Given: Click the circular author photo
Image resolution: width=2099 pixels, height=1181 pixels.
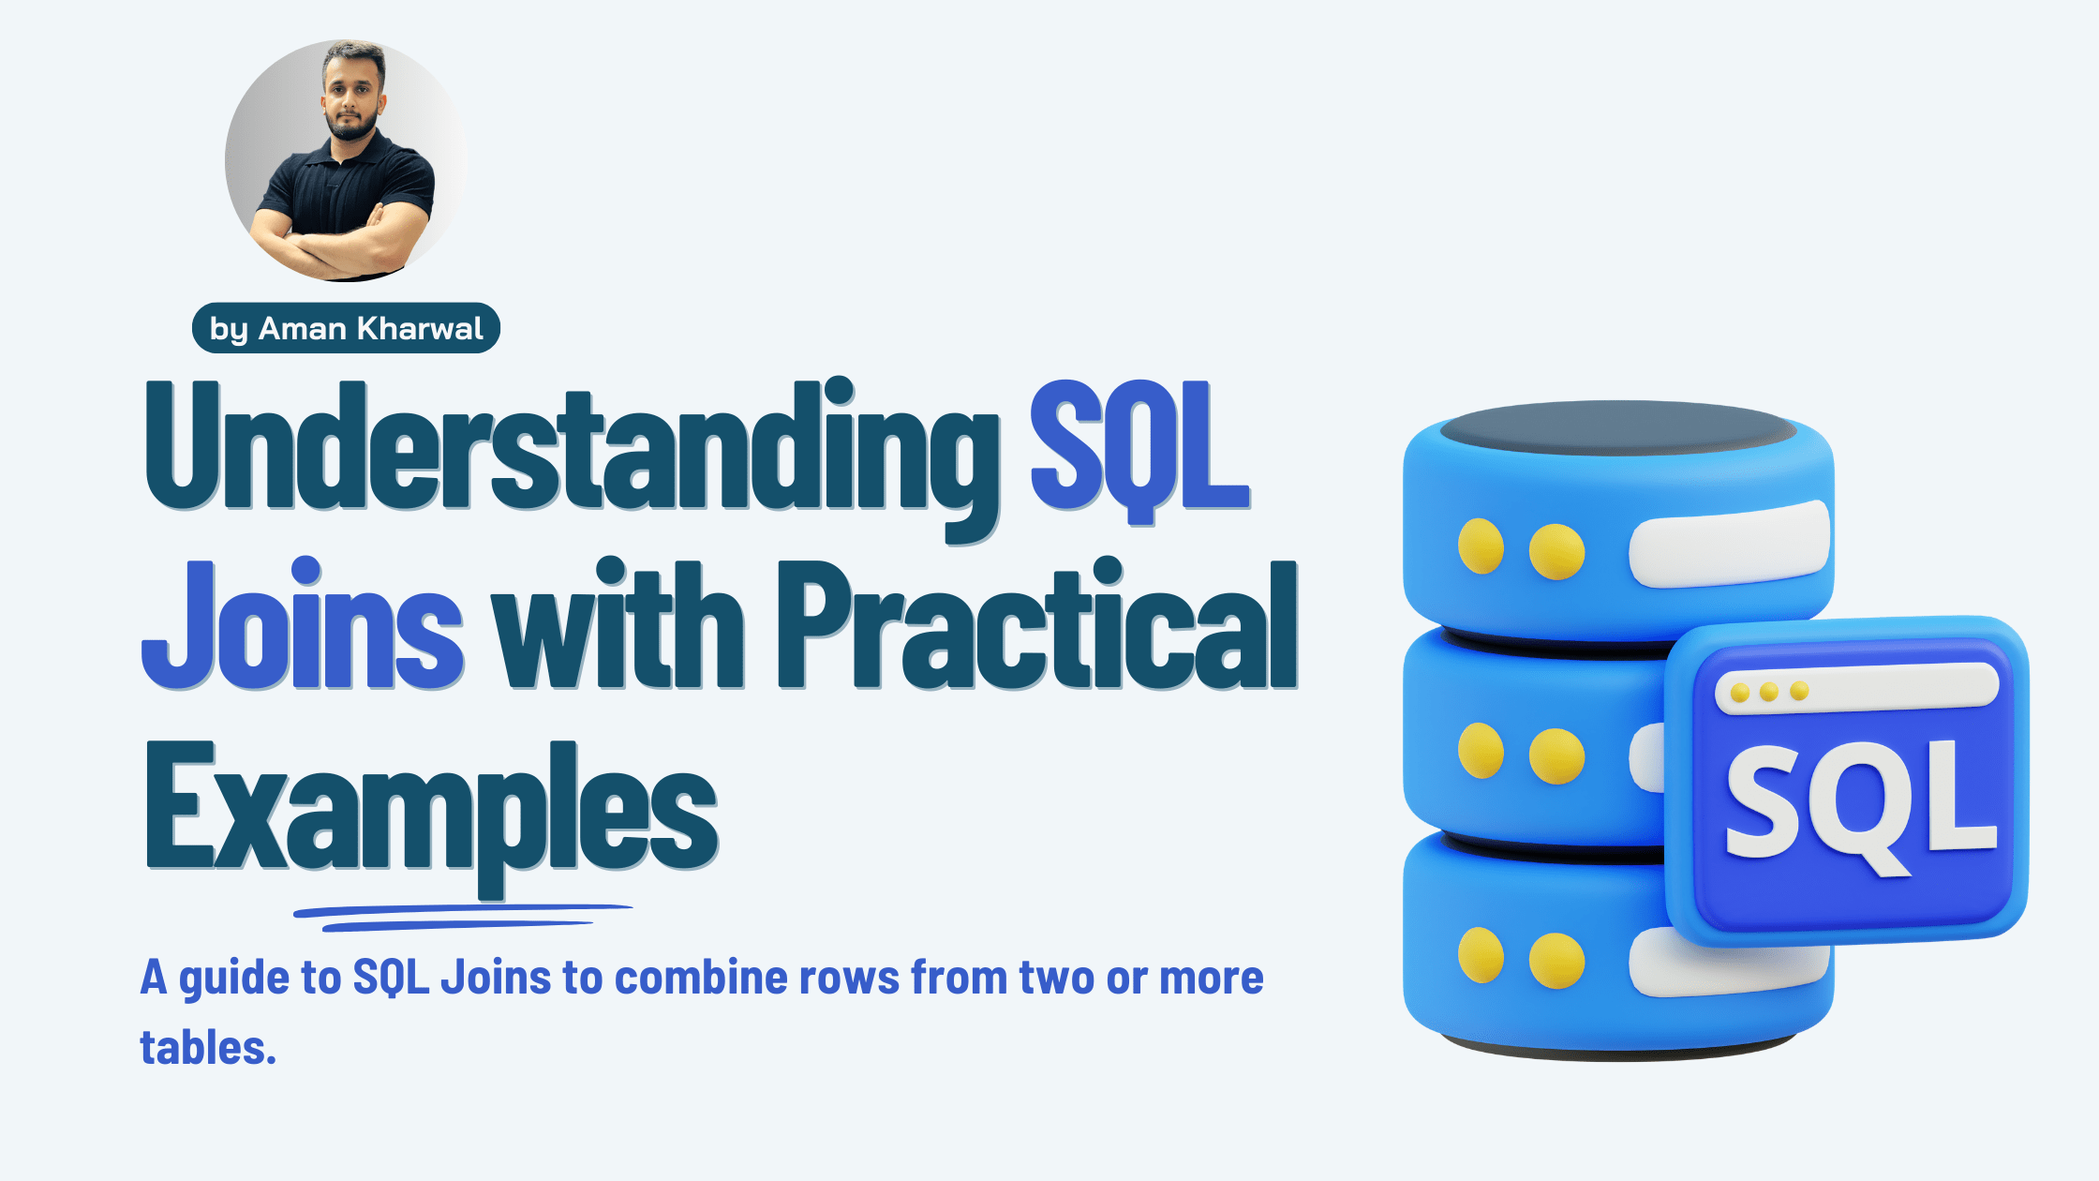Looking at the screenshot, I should coord(345,160).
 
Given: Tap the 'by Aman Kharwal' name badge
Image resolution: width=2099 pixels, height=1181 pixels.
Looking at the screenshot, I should coord(346,328).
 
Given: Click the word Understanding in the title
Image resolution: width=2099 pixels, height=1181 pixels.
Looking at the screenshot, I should coord(572,450).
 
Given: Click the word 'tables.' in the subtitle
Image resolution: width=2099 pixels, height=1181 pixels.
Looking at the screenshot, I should coord(208,1048).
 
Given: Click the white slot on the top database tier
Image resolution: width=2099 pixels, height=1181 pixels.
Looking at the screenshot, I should coord(1730,545).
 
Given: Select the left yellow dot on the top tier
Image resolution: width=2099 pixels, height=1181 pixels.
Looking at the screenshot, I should coord(1481,546).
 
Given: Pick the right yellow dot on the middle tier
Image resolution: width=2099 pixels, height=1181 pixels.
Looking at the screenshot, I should coord(1556,755).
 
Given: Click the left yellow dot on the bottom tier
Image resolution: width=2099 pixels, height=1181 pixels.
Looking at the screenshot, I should coord(1481,956).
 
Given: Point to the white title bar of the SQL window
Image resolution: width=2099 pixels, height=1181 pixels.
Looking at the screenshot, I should coord(1855,690).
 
